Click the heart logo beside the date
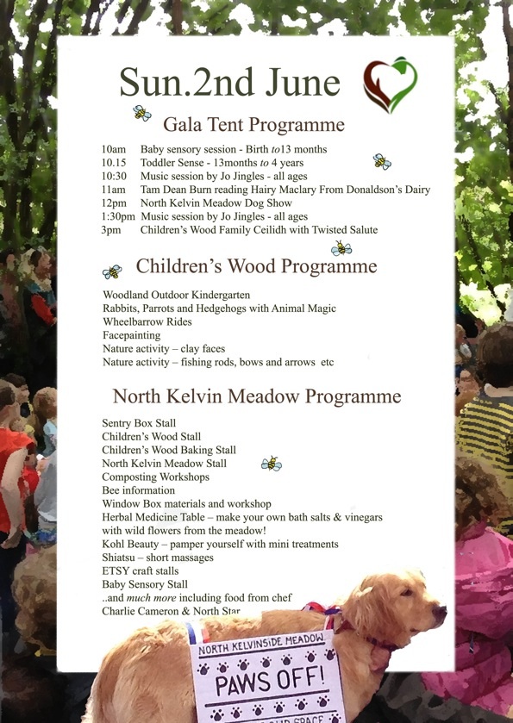tap(390, 85)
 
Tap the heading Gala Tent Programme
tap(253, 124)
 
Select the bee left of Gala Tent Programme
tap(141, 113)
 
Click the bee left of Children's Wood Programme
tap(112, 272)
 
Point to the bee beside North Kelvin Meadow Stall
tap(271, 464)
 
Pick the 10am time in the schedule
tap(113, 149)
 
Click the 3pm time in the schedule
tap(110, 230)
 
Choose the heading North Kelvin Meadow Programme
tap(256, 396)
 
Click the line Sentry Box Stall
tap(139, 423)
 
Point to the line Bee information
tap(138, 490)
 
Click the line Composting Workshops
tap(155, 477)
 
